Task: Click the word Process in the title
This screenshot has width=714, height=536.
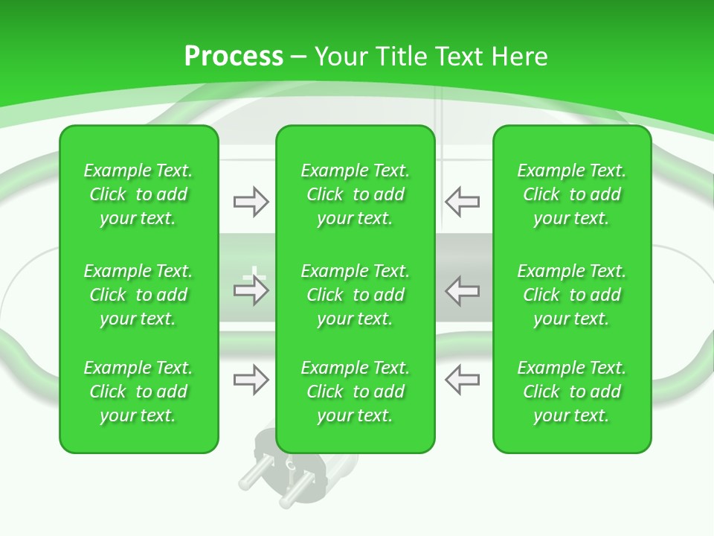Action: (234, 57)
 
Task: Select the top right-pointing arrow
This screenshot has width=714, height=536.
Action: (251, 202)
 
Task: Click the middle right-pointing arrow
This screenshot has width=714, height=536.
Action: (251, 291)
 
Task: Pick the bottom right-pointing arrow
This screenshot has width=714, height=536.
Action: (251, 380)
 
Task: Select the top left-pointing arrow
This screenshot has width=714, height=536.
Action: (463, 202)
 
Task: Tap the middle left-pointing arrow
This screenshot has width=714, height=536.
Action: (463, 291)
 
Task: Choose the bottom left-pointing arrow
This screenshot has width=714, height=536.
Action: (463, 380)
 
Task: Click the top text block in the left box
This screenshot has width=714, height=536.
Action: (138, 194)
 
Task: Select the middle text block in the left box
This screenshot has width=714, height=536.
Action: (138, 295)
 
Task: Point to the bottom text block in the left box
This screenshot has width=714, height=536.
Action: (138, 392)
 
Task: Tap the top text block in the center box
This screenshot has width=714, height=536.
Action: (356, 194)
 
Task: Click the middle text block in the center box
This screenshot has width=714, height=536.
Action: (356, 295)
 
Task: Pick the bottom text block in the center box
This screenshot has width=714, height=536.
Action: (356, 392)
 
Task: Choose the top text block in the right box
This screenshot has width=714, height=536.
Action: (572, 194)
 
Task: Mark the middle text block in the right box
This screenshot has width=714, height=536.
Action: (572, 295)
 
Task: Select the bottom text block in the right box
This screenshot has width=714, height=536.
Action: (572, 392)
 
